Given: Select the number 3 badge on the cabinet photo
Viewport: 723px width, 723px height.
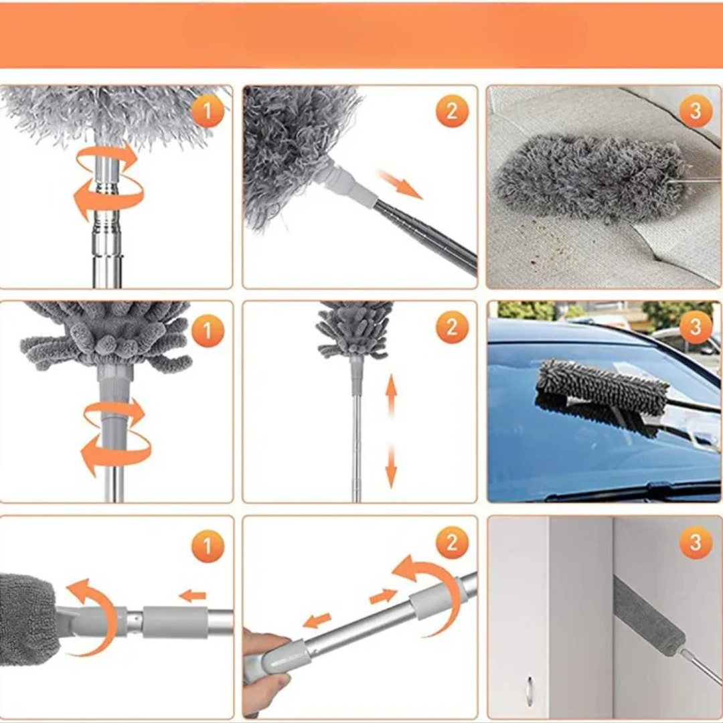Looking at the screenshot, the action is tap(696, 542).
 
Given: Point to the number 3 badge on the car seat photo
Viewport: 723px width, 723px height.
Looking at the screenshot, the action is tap(696, 110).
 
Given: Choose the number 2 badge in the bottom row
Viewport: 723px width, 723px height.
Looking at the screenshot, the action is tap(452, 542).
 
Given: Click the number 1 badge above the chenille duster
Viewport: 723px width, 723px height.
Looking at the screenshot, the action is tap(208, 330).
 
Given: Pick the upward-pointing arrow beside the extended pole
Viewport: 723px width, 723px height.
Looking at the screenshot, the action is tap(391, 396).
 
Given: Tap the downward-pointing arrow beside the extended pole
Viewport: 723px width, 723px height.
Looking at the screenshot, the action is tap(391, 466).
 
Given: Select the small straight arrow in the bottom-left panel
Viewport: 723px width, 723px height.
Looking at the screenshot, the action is tap(192, 596).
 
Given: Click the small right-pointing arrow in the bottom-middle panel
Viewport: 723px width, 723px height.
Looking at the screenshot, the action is tap(383, 596).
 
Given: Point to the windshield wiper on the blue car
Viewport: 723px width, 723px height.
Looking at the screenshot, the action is tap(637, 489).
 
